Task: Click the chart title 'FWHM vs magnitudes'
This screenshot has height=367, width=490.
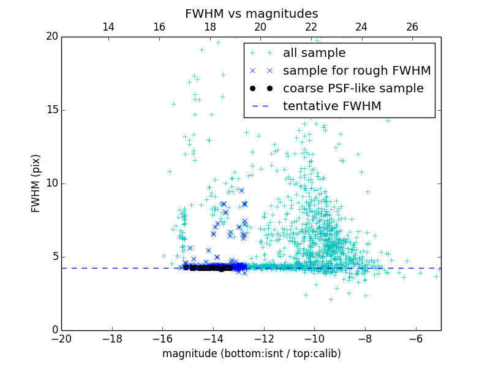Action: click(x=251, y=13)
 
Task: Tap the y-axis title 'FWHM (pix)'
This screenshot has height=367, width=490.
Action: click(x=36, y=183)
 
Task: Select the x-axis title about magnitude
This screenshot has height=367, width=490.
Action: click(x=251, y=354)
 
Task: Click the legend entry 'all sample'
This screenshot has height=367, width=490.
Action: click(x=314, y=53)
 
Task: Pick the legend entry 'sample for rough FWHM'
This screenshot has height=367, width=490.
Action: click(x=356, y=71)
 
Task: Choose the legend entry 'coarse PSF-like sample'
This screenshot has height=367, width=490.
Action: click(x=353, y=89)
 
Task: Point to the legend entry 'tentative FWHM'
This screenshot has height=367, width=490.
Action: click(x=332, y=106)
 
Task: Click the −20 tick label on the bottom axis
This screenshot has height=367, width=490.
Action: click(x=61, y=339)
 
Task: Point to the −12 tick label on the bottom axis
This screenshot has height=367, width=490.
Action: click(x=264, y=339)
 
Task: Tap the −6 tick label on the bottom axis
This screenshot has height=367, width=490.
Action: click(x=416, y=339)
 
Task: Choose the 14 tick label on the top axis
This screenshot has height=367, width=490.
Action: click(x=108, y=27)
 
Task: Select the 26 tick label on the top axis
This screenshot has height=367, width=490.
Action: click(x=412, y=27)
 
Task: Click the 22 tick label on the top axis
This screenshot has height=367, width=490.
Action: click(x=311, y=27)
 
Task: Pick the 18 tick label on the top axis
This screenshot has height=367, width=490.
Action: click(x=209, y=27)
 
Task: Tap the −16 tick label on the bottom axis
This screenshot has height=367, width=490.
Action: click(x=162, y=339)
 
